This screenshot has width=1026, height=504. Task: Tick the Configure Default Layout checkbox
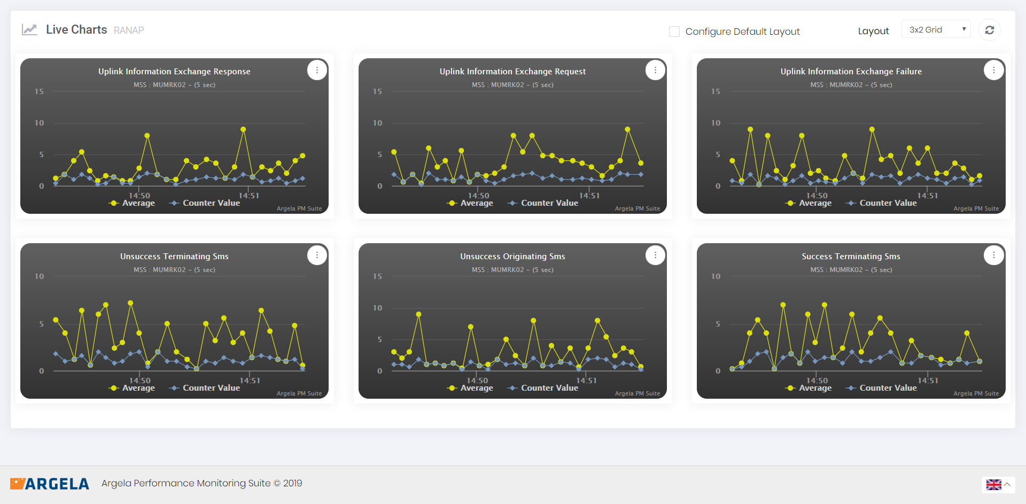click(x=674, y=32)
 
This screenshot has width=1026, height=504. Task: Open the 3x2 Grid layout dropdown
click(x=936, y=29)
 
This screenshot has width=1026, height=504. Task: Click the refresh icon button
click(x=989, y=30)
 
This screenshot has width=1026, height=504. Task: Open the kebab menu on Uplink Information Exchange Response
click(x=317, y=70)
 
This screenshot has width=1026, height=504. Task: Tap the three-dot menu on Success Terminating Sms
click(x=993, y=255)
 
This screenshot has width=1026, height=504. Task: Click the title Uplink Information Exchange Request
click(x=512, y=72)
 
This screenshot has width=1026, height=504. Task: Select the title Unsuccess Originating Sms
click(x=512, y=257)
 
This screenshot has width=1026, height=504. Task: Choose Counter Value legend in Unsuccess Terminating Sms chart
click(x=205, y=388)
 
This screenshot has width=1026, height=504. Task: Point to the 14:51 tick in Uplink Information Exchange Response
click(x=249, y=196)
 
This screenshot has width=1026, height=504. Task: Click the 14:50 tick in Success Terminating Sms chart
click(x=817, y=381)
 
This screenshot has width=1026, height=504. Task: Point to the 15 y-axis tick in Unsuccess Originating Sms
click(x=377, y=276)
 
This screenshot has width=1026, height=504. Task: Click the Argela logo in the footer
click(x=50, y=484)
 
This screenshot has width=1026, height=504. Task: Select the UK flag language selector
click(x=994, y=485)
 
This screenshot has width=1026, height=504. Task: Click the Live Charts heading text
click(x=76, y=30)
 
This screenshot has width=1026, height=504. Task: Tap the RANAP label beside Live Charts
click(x=129, y=30)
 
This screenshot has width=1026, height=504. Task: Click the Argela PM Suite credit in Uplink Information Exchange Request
click(x=637, y=208)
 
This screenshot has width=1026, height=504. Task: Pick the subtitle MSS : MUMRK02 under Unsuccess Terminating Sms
click(x=174, y=270)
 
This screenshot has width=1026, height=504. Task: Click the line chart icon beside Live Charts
click(x=29, y=29)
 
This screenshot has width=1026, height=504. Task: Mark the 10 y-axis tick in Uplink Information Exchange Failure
click(x=716, y=123)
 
